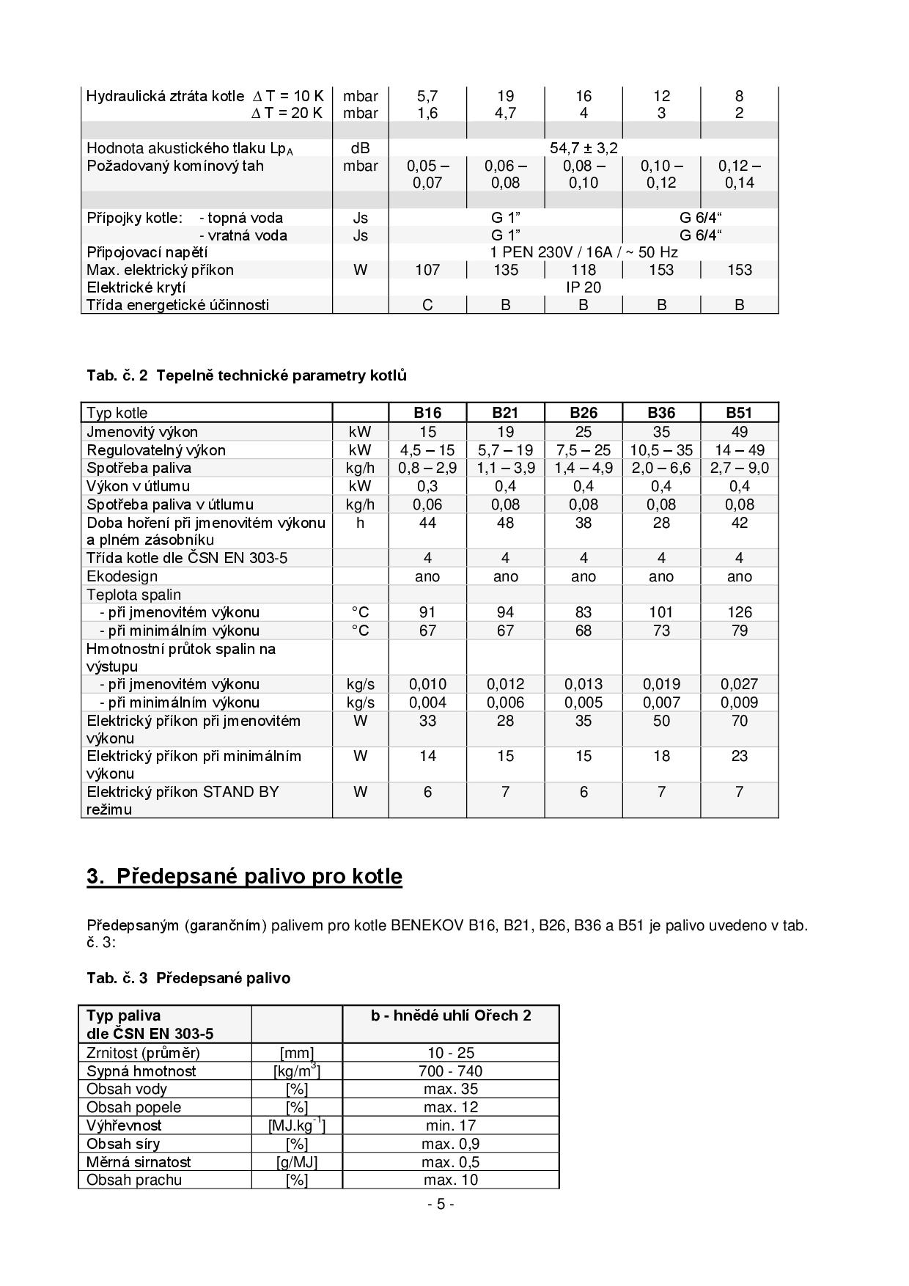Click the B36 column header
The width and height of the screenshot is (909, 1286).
[x=661, y=413]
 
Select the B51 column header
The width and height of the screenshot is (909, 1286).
[x=739, y=413]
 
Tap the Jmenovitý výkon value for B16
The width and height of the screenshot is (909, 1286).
[x=427, y=432]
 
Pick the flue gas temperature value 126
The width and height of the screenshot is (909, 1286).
[x=739, y=612]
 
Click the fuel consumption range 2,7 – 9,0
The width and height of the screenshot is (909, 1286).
[x=739, y=468]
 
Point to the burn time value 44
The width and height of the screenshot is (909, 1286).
[x=427, y=523]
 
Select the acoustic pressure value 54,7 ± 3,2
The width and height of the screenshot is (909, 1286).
[x=584, y=148]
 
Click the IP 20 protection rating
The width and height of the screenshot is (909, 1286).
[x=584, y=287]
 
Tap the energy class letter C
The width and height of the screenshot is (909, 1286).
[x=427, y=305]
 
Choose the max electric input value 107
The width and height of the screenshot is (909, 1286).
[x=427, y=270]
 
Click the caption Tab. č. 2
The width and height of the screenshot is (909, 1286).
[x=117, y=375]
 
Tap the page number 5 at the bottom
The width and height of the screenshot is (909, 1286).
[x=441, y=1204]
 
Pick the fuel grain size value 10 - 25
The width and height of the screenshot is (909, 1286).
[x=450, y=1053]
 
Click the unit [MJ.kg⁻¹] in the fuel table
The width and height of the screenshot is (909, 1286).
[x=297, y=1125]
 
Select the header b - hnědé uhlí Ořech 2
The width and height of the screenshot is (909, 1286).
[x=450, y=1015]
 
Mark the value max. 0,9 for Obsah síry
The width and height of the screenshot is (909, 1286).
[x=450, y=1144]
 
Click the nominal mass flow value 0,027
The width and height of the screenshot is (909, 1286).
[x=739, y=684]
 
